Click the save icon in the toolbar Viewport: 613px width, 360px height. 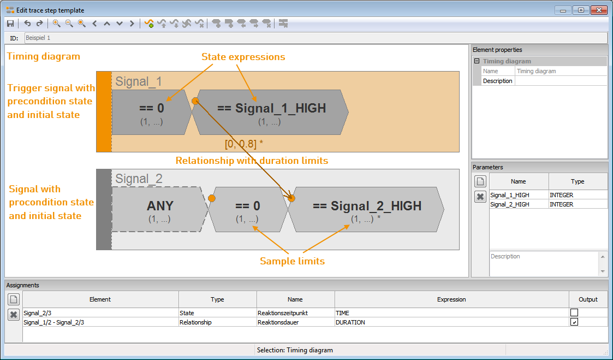10,23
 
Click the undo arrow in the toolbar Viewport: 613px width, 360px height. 27,23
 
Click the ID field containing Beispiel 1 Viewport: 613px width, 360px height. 316,38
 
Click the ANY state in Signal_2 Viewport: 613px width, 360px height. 159,209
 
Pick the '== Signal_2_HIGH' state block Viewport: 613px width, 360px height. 366,209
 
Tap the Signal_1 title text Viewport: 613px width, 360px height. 139,81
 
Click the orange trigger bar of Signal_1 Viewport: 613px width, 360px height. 104,111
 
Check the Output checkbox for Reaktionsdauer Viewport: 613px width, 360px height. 574,322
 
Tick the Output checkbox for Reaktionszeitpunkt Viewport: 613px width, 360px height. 574,312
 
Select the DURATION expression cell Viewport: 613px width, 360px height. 451,322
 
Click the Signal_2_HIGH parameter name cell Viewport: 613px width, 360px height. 519,204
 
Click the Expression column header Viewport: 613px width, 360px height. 451,299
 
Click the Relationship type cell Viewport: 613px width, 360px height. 217,322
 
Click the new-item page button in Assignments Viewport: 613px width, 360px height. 14,300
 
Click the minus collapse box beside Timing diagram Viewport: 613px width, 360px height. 477,61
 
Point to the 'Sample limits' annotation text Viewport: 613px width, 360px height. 293,261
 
